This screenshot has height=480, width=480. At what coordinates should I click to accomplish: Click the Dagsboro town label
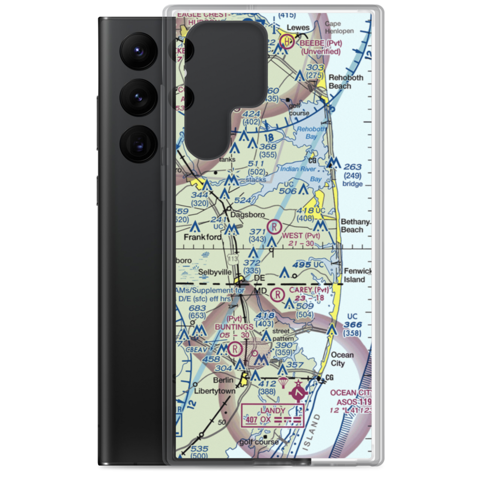point(245,215)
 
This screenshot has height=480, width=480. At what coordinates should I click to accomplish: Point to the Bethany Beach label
point(355,226)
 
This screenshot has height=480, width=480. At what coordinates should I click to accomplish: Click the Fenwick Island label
point(358,275)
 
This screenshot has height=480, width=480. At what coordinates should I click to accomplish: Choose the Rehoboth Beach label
point(346,82)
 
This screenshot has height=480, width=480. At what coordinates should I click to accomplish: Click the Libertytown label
point(215,391)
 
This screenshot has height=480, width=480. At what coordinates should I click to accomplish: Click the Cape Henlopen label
point(341,27)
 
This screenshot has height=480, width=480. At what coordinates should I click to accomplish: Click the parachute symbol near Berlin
point(284,383)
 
